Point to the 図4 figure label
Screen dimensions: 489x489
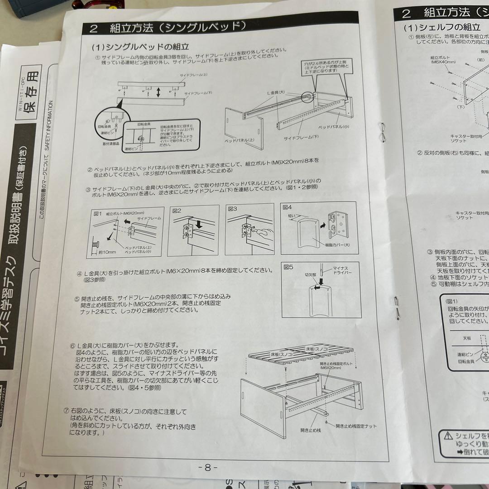(x=287, y=207)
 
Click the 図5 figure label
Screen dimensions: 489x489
(x=288, y=267)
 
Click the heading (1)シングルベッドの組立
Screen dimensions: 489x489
(x=140, y=47)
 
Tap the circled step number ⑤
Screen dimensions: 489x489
(x=77, y=300)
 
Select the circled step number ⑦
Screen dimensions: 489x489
(x=67, y=412)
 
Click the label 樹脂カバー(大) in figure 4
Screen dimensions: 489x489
(x=329, y=245)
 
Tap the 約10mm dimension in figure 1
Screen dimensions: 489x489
(x=109, y=252)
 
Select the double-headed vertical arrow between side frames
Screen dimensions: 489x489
(x=158, y=92)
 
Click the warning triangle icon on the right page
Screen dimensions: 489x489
(x=448, y=436)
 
